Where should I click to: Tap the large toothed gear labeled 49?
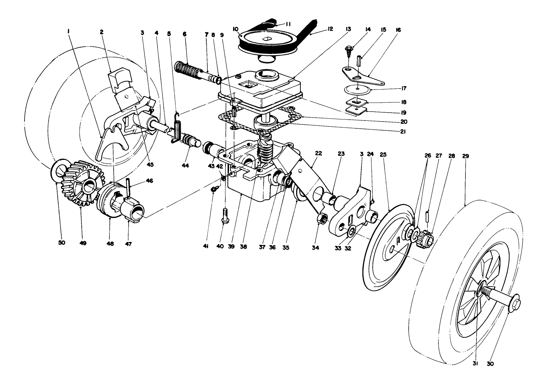pos(81,183)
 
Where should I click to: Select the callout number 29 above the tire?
pos(466,156)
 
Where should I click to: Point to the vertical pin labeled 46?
pos(128,188)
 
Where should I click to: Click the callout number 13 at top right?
pos(348,29)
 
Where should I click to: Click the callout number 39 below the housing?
pos(231,246)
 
